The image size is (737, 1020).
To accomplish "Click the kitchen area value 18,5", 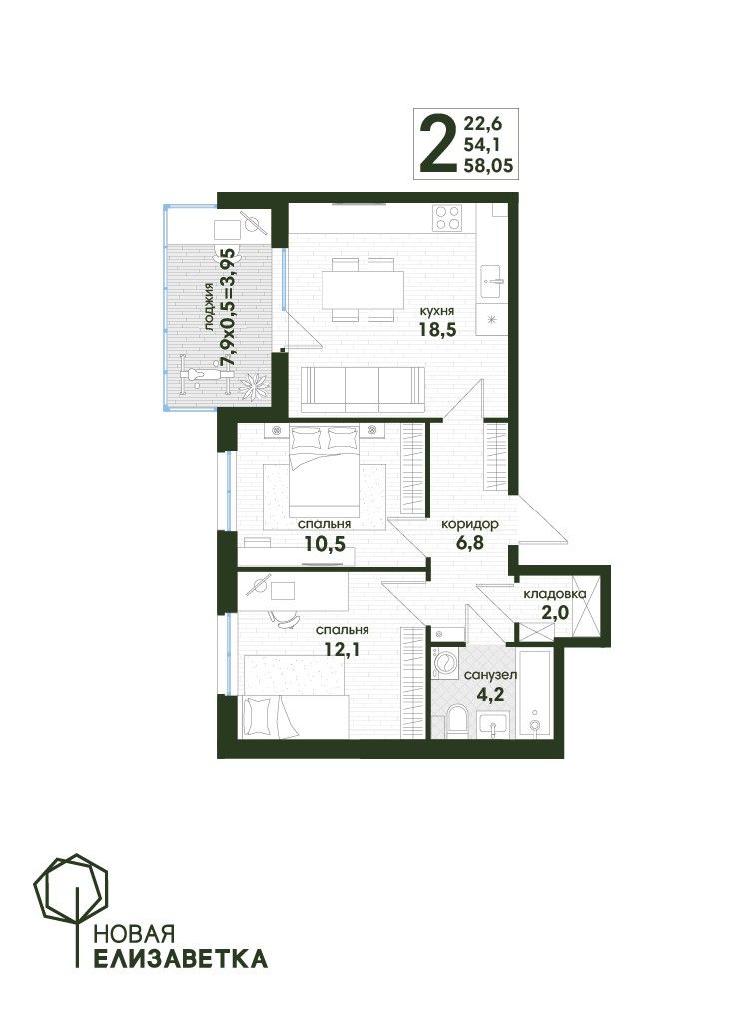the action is [x=437, y=329].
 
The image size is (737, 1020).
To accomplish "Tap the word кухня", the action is [x=437, y=311].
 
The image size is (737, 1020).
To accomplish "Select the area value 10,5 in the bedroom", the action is [x=325, y=543].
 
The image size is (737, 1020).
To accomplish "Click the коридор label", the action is [x=470, y=524].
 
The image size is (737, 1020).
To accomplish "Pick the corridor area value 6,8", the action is [x=469, y=543].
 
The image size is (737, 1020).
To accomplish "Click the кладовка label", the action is [x=555, y=593].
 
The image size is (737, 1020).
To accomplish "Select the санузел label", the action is [x=490, y=675].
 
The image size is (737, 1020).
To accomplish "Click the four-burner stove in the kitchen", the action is [x=448, y=217].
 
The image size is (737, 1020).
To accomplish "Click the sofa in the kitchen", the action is [x=363, y=389].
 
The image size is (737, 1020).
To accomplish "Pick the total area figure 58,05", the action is [x=488, y=166].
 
